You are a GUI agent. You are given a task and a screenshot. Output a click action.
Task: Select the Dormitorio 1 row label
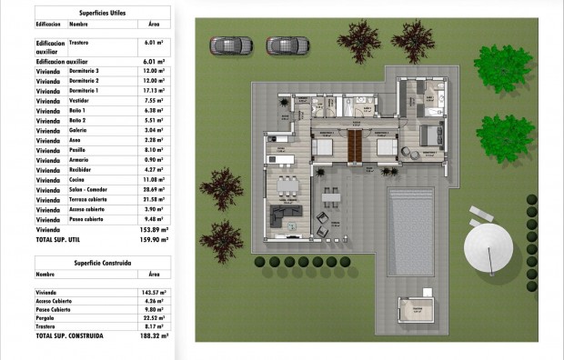pyautogui.click(x=84, y=91)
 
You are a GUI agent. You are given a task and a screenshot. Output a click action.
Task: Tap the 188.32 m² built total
pyautogui.click(x=152, y=335)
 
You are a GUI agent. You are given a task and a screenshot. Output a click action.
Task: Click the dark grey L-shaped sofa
pyautogui.click(x=291, y=213)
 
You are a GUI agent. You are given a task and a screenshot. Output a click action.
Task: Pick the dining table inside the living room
pyautogui.click(x=287, y=187)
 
